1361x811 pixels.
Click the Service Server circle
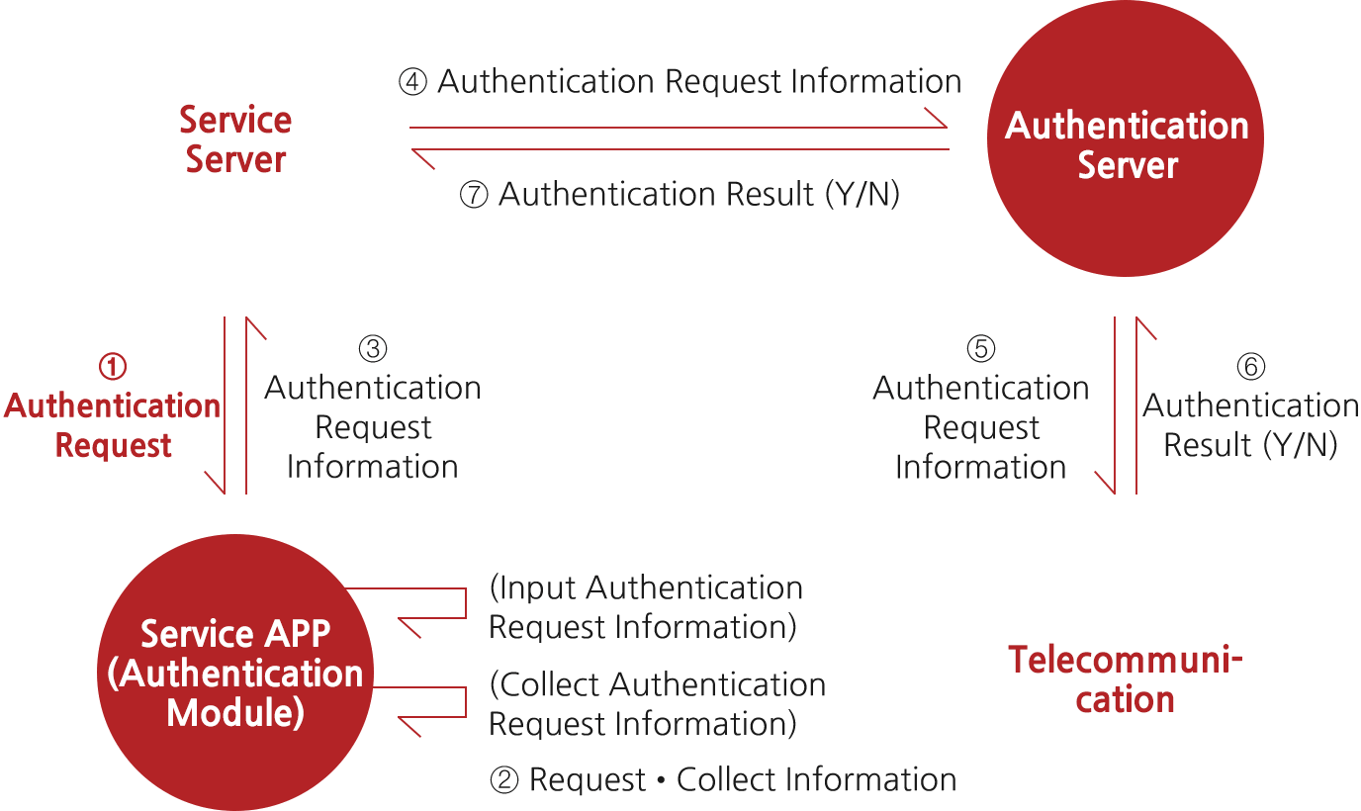pos(235,138)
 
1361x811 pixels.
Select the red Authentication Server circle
pos(1126,138)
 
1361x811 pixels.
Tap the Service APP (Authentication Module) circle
pos(235,673)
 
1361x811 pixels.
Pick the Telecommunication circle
pos(1126,673)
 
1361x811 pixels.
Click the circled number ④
pos(412,82)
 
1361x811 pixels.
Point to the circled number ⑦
pos(475,195)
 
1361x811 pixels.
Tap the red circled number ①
pos(113,367)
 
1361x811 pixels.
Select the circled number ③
pos(373,349)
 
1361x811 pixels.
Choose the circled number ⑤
pos(980,349)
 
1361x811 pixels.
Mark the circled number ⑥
pos(1251,367)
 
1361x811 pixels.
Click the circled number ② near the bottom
pos(504,780)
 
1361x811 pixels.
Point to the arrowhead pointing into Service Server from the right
pos(422,157)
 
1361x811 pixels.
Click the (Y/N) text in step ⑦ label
pos(862,195)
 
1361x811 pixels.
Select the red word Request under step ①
pos(114,445)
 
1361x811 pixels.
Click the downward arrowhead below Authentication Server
pos(1105,484)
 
